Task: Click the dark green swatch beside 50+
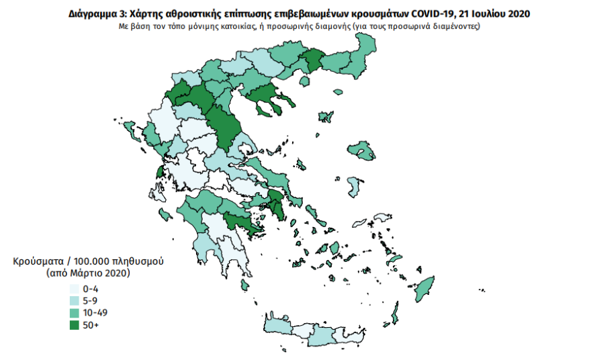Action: [x=73, y=325]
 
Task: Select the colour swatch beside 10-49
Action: [x=73, y=313]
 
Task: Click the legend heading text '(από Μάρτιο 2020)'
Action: [x=88, y=273]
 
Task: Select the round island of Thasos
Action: [x=304, y=81]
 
